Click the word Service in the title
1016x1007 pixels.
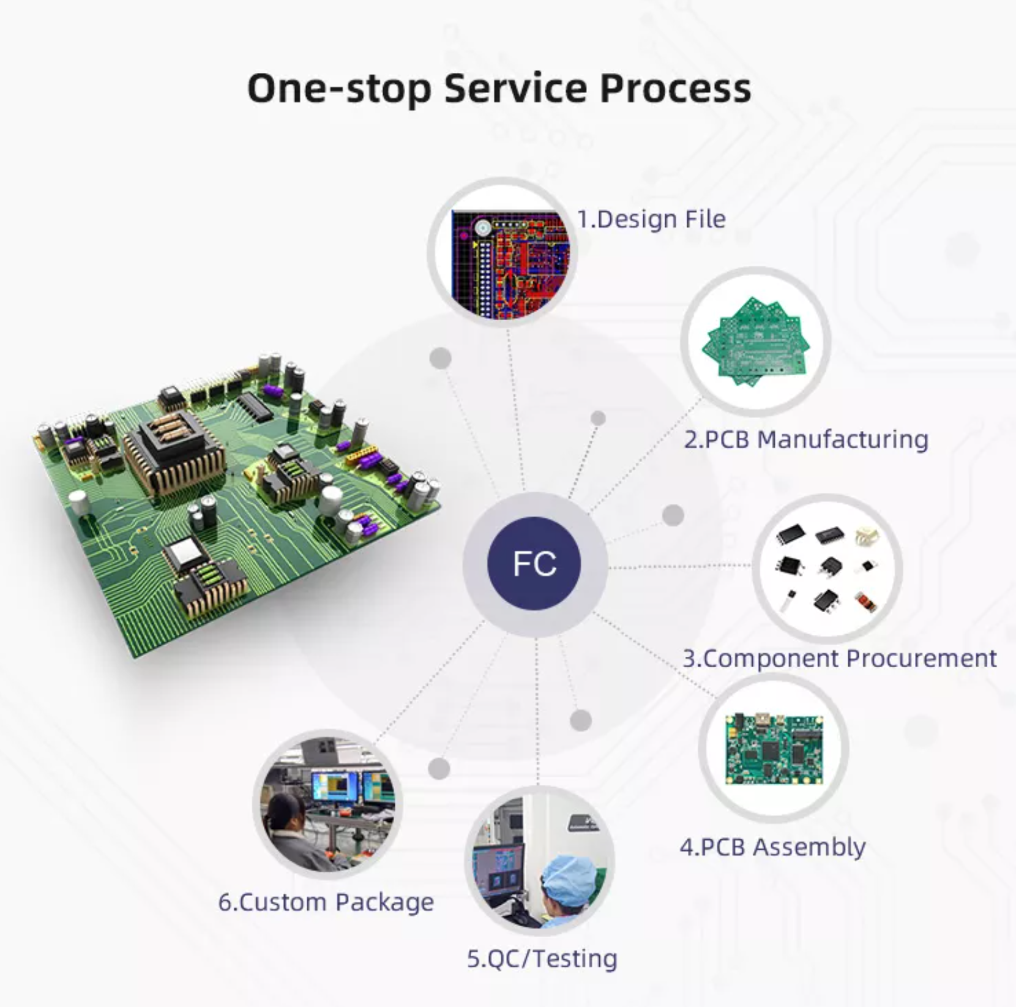pyautogui.click(x=515, y=88)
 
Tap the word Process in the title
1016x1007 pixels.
pyautogui.click(x=675, y=88)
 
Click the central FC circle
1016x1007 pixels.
pyautogui.click(x=534, y=564)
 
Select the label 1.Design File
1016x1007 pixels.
pyautogui.click(x=651, y=219)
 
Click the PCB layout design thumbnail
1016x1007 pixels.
pyautogui.click(x=509, y=263)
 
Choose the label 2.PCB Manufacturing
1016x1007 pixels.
pyautogui.click(x=805, y=440)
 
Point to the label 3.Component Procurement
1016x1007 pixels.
pyautogui.click(x=839, y=659)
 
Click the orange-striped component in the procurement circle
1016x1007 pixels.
pyautogui.click(x=865, y=602)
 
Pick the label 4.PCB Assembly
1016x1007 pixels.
pyautogui.click(x=772, y=847)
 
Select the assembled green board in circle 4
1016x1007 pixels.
pyautogui.click(x=774, y=749)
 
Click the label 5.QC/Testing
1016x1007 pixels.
pyautogui.click(x=542, y=959)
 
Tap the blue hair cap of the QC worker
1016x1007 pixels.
pyautogui.click(x=569, y=875)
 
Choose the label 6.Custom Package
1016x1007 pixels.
pyautogui.click(x=326, y=902)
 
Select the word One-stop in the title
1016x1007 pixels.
pyautogui.click(x=338, y=88)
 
